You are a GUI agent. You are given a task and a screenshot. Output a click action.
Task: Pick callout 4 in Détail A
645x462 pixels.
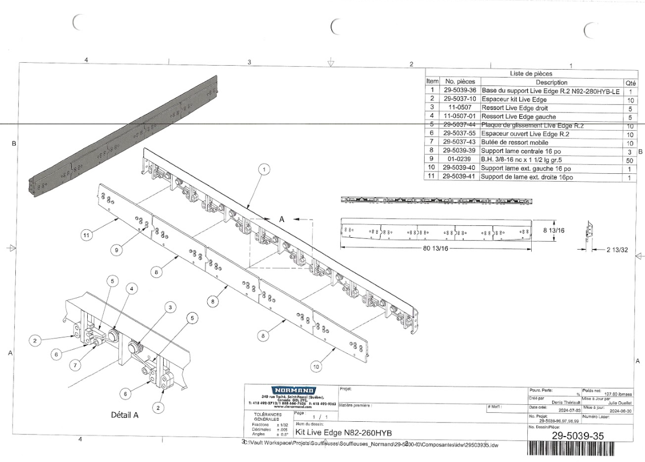pos(131,289)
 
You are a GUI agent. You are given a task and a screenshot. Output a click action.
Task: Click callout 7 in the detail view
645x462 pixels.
pos(75,365)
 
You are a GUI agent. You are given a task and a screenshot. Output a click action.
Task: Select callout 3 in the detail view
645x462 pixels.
pos(169,307)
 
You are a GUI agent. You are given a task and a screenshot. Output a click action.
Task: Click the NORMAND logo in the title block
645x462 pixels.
pos(290,390)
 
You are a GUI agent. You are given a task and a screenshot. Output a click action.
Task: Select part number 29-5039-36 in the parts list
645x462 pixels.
pos(459,90)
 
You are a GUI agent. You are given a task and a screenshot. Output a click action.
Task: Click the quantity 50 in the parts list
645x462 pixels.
pos(629,160)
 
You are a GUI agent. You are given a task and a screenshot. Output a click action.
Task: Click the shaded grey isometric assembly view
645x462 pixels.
pos(122,135)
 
